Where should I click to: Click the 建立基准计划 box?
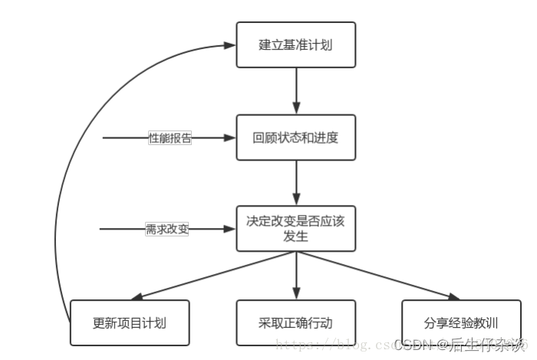coord(295,45)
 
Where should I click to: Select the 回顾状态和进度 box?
coord(295,138)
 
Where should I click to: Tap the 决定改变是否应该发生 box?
coord(295,228)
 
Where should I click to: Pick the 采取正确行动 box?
coord(295,322)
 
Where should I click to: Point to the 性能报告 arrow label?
coord(170,138)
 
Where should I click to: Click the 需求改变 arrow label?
coord(167,229)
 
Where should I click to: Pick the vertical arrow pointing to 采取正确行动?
coord(296,276)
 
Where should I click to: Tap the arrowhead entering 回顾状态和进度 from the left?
coord(229,138)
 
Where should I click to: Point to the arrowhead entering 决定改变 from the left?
coord(229,229)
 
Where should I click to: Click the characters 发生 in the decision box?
coord(295,236)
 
